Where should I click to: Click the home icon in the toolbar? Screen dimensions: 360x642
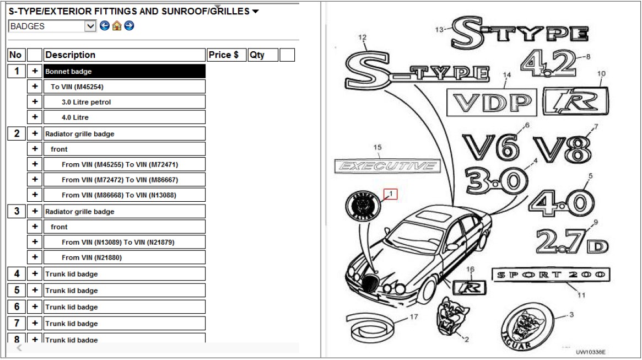pos(117,26)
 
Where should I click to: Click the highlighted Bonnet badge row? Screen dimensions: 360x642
pos(125,71)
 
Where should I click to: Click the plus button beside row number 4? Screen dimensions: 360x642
pos(35,274)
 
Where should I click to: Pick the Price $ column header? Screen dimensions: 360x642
pos(226,55)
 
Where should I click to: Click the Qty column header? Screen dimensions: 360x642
pos(263,55)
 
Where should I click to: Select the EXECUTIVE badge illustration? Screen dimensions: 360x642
pos(387,166)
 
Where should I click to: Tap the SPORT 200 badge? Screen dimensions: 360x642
pos(551,275)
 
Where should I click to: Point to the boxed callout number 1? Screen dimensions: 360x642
pos(391,194)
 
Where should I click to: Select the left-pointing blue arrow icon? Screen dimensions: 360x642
pos(105,26)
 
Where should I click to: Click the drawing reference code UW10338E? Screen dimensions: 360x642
pos(591,352)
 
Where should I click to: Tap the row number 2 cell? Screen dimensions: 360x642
pos(17,133)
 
